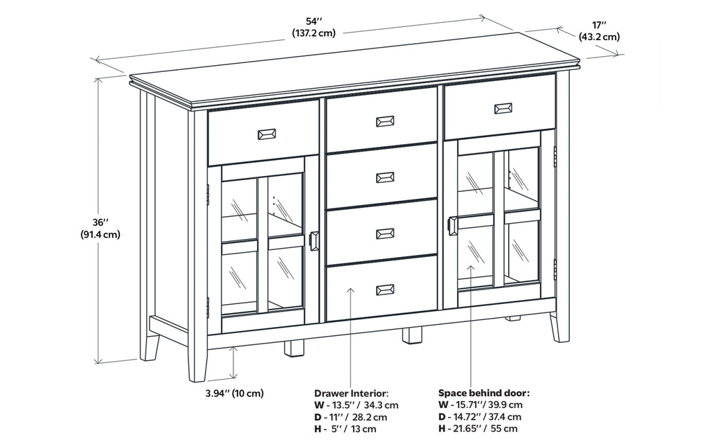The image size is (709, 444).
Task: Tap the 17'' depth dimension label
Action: coord(599,30)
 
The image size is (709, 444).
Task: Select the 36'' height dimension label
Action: coord(100,227)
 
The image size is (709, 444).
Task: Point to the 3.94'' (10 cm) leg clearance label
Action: coord(235,393)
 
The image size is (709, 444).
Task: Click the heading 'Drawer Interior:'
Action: coord(351,393)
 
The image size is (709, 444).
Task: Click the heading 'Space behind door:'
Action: coord(483,392)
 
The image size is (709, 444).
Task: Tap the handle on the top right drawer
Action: coord(503,108)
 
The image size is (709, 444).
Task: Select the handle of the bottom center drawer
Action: coord(385,290)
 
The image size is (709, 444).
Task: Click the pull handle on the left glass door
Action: coord(314,241)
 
